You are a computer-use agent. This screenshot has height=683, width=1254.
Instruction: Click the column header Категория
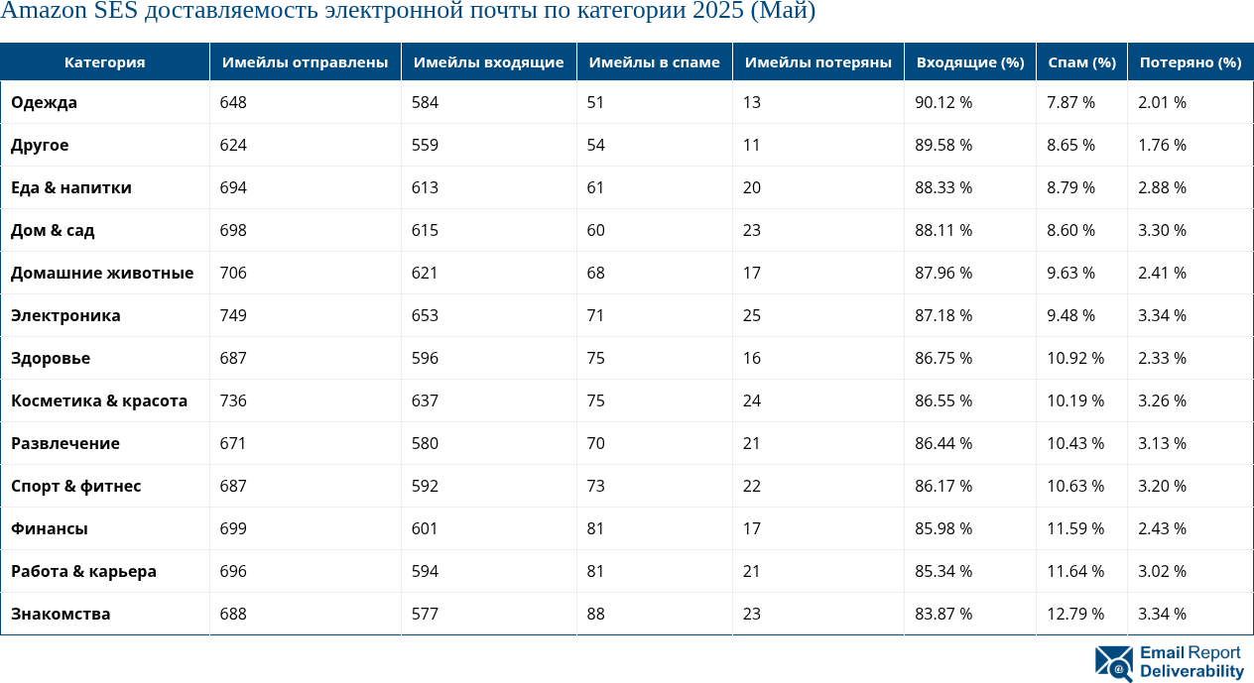(x=104, y=62)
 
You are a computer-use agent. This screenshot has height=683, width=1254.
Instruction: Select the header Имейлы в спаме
(x=654, y=62)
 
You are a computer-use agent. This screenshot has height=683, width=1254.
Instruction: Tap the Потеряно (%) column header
(x=1190, y=62)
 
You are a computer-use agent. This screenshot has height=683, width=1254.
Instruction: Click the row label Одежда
(x=44, y=102)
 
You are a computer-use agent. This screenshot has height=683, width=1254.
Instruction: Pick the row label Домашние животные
(x=102, y=273)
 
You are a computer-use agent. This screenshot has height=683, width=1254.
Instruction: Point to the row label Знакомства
(x=61, y=614)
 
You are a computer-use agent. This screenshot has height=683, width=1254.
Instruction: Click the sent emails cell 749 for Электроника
(x=233, y=315)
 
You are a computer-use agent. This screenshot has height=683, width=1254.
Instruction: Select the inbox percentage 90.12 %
(x=942, y=102)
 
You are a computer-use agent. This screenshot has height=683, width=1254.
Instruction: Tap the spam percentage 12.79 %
(x=1075, y=614)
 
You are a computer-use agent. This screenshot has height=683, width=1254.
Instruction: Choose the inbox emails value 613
(x=426, y=187)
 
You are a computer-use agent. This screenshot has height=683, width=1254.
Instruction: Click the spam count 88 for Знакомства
(x=595, y=614)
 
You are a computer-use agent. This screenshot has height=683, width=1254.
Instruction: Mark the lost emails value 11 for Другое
(x=751, y=145)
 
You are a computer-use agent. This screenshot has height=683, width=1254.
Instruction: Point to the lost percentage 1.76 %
(x=1162, y=145)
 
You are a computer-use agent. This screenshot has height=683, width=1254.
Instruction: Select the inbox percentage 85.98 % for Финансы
(x=942, y=528)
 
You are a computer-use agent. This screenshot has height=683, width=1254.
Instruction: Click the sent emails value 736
(x=233, y=400)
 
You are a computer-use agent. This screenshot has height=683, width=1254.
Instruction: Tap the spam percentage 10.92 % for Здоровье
(x=1075, y=358)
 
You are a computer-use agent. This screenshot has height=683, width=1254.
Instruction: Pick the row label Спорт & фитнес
(x=75, y=486)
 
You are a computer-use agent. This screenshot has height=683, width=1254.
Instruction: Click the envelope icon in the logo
(x=1114, y=664)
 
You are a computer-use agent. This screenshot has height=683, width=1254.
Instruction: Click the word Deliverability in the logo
(x=1191, y=671)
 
